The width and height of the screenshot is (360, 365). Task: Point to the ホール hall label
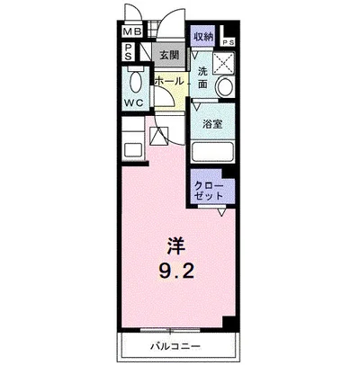coord(168,81)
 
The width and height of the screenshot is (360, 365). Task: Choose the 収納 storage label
coord(203,37)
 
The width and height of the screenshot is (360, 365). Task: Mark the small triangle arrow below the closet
coord(221,211)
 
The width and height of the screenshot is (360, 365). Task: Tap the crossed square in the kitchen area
coord(159,137)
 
